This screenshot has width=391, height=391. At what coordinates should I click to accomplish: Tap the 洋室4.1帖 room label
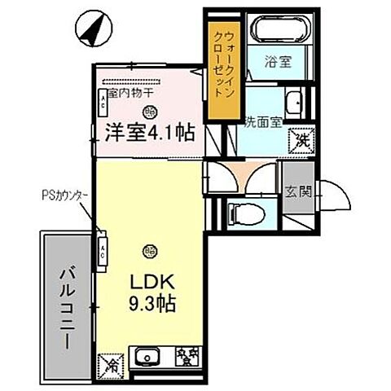click(148, 132)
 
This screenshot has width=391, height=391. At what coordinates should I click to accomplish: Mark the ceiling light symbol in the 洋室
click(148, 112)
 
